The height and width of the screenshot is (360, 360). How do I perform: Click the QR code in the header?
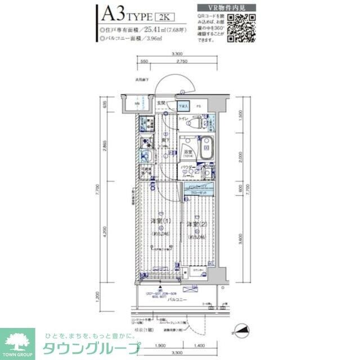[242, 26]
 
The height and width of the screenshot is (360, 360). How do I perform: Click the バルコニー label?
[178, 300]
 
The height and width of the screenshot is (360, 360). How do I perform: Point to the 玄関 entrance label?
[161, 102]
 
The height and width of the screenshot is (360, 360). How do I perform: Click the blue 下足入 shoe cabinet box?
[183, 105]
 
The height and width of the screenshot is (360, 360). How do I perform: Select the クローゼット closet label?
[199, 192]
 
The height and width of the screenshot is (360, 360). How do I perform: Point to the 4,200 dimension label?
[113, 230]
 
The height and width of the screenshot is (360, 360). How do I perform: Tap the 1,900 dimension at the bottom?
[159, 345]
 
